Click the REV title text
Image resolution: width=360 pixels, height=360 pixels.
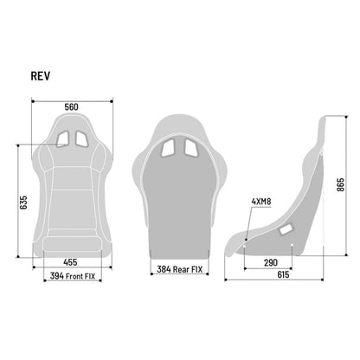click(41, 75)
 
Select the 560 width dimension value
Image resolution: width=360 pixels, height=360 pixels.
click(72, 106)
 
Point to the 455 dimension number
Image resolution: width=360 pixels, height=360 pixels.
click(72, 261)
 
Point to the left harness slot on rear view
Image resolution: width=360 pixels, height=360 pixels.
click(169, 148)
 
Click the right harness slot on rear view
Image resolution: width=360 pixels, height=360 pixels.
click(190, 148)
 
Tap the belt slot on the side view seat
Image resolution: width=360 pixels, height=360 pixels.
click(286, 230)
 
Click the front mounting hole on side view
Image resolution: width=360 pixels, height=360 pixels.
click(245, 247)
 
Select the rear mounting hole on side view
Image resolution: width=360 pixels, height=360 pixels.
click(292, 247)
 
